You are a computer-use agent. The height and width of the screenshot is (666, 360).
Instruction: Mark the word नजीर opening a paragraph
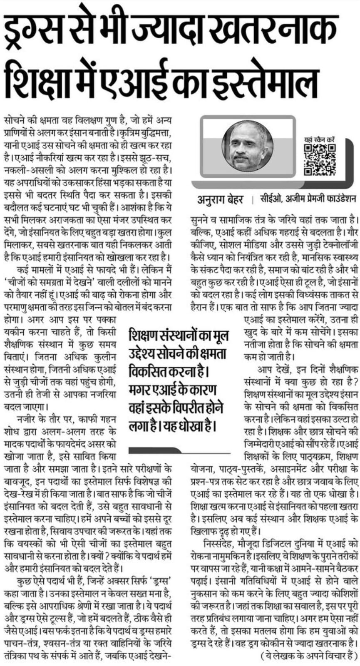pyautogui.click(x=25, y=419)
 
